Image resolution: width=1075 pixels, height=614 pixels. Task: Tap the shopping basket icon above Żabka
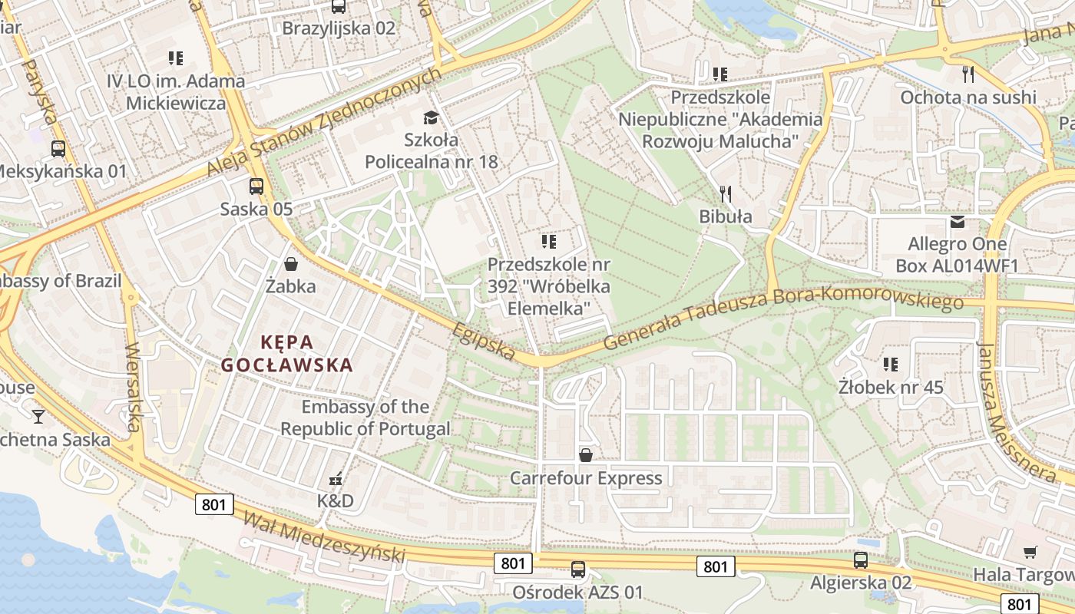291,264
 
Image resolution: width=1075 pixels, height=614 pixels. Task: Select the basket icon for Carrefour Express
586,455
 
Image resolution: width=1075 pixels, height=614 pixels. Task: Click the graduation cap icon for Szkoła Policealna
431,117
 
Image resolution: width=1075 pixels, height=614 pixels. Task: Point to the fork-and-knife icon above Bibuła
725,193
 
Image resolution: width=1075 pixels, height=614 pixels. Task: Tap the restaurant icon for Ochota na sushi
968,74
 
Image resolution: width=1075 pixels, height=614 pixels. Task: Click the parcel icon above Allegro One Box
957,222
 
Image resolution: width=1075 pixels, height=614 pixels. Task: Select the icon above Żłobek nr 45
890,364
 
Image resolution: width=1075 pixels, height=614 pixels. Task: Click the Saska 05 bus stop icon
256,186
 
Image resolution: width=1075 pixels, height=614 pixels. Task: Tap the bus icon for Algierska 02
861,560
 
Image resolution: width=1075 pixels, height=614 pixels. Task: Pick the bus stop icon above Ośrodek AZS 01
577,569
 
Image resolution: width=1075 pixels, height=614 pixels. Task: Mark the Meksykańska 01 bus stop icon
58,149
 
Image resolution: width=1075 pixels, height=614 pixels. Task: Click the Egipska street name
483,341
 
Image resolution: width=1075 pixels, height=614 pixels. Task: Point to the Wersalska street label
134,388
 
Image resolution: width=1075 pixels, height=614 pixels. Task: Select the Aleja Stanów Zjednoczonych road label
326,121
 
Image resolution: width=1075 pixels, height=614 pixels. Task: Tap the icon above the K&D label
336,479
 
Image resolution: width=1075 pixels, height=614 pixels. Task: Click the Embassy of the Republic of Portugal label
365,418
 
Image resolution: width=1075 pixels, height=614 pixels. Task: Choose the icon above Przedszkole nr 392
548,242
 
